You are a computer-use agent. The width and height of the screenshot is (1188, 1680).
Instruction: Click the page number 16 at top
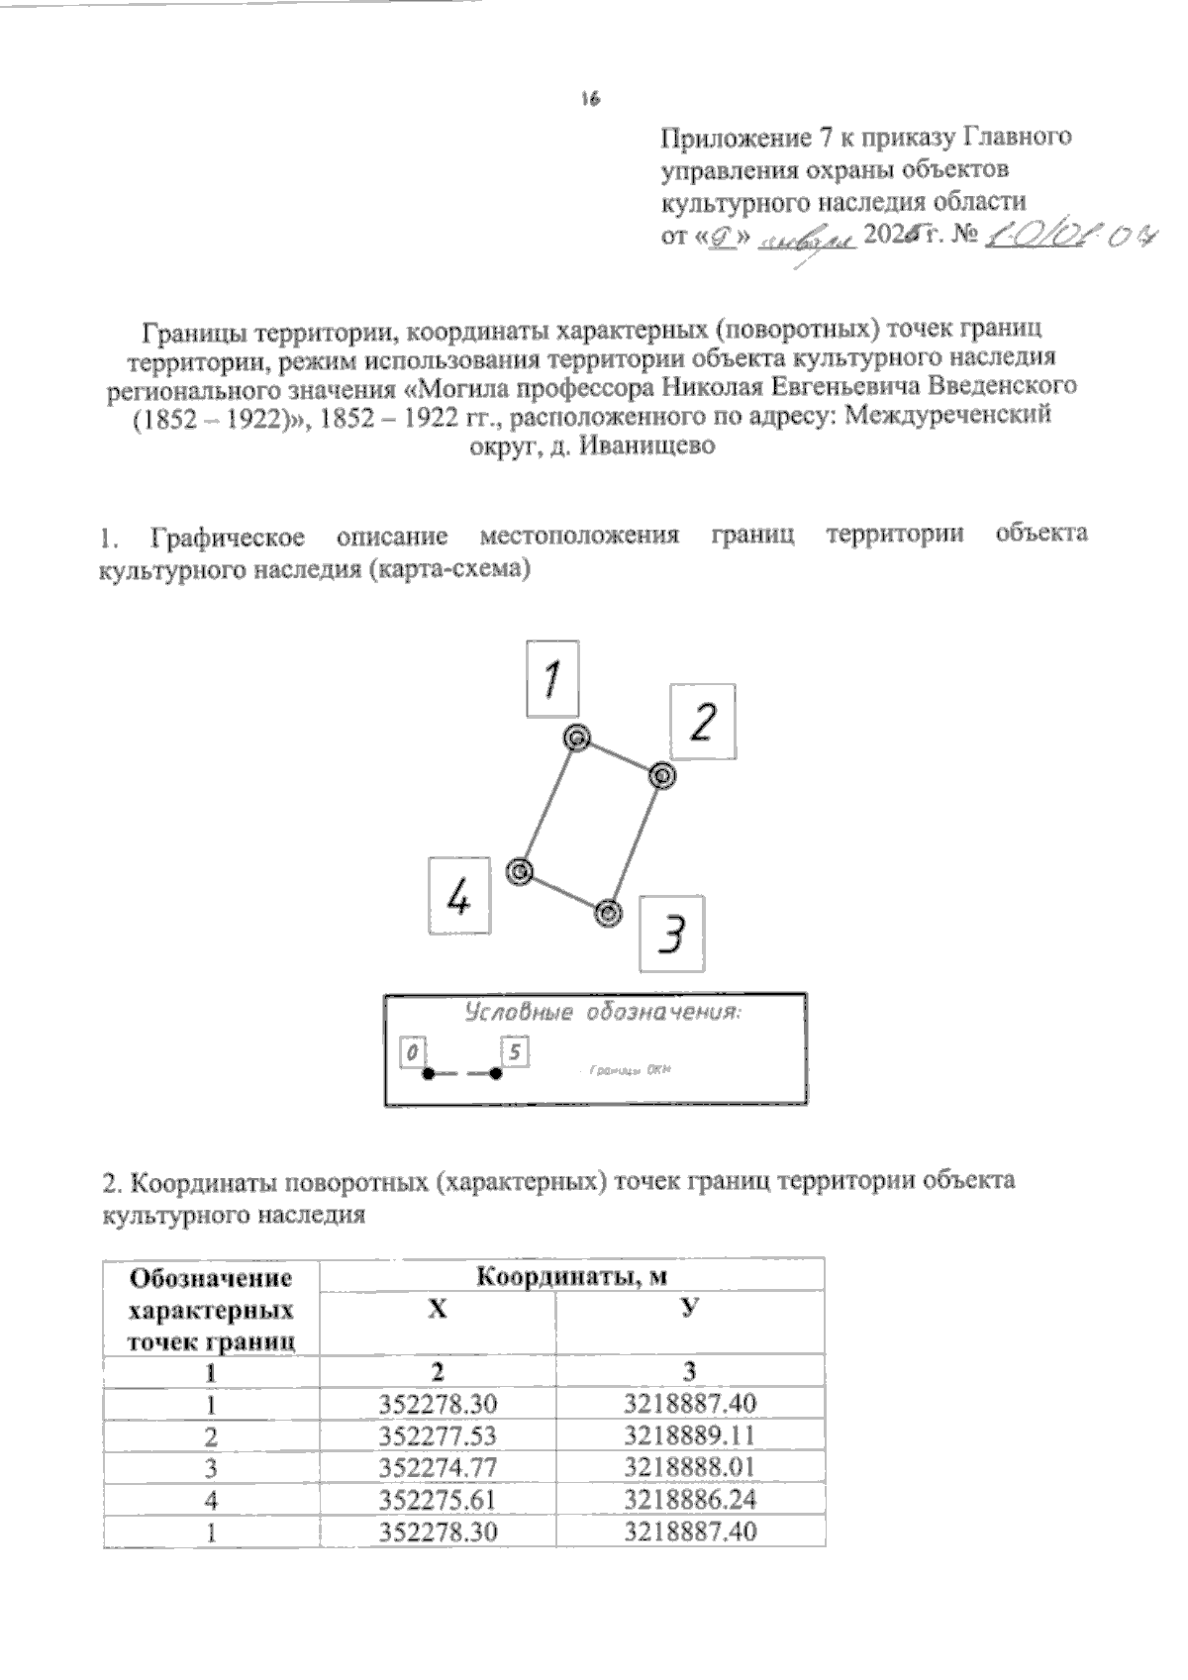pyautogui.click(x=591, y=99)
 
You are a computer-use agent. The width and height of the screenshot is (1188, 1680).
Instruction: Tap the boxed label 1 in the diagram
pyautogui.click(x=552, y=679)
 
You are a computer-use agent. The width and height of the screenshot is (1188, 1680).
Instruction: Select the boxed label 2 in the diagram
pyautogui.click(x=702, y=722)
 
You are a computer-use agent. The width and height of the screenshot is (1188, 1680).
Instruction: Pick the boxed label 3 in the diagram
pyautogui.click(x=672, y=934)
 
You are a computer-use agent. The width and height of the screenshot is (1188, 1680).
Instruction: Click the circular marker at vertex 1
pyautogui.click(x=577, y=739)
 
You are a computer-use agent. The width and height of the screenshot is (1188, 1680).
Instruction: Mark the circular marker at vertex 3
pyautogui.click(x=610, y=913)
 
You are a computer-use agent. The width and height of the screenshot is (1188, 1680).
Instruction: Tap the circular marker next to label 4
pyautogui.click(x=520, y=871)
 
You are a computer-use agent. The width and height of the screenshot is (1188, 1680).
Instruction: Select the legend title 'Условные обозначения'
pyautogui.click(x=604, y=1014)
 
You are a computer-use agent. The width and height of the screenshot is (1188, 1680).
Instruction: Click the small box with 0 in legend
pyautogui.click(x=413, y=1051)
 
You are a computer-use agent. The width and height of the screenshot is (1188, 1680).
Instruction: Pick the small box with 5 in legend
pyautogui.click(x=515, y=1051)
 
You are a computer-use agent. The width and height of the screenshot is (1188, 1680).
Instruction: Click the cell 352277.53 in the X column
pyautogui.click(x=438, y=1434)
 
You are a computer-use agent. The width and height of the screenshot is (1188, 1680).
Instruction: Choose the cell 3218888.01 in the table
pyautogui.click(x=690, y=1467)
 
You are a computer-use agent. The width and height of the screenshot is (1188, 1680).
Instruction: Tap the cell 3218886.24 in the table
pyautogui.click(x=690, y=1500)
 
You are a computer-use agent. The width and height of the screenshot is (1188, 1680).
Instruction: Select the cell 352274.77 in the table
pyautogui.click(x=438, y=1467)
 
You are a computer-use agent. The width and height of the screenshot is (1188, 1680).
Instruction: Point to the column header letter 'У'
pyautogui.click(x=690, y=1308)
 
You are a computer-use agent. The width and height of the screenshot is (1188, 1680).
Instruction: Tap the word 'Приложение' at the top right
pyautogui.click(x=727, y=137)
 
